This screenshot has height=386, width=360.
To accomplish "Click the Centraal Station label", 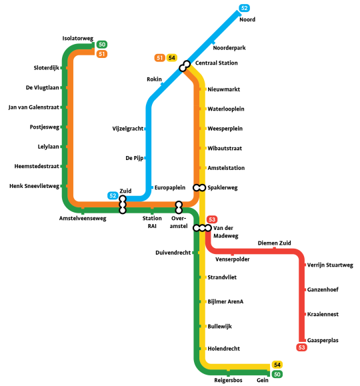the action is [217, 63].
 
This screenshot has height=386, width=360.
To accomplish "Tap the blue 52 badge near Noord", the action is [244, 8].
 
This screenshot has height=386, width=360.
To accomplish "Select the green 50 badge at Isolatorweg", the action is [102, 44].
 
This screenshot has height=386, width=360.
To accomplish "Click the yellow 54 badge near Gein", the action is [277, 365].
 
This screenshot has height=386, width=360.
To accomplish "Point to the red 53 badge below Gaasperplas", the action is [301, 347].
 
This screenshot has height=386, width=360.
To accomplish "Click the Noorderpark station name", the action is [229, 48].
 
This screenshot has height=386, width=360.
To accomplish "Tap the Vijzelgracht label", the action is [128, 129].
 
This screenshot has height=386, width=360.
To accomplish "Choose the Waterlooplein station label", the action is [226, 109].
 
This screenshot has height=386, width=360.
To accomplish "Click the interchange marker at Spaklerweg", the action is [199, 187].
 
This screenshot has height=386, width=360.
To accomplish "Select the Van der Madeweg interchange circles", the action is [202, 228].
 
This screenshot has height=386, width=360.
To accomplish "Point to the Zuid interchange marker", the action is [123, 205].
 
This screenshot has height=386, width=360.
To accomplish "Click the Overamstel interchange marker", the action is [179, 207].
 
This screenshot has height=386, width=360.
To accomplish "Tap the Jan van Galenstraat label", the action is [34, 107].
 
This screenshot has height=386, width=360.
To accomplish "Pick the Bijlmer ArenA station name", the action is [225, 302].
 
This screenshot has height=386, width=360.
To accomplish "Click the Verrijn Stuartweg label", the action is [330, 265].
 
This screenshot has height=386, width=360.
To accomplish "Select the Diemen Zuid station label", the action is [274, 243].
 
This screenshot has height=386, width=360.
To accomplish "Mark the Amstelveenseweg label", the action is [83, 219].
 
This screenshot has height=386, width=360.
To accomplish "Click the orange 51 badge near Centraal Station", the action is [159, 58].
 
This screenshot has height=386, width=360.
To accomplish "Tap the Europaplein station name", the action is [170, 188].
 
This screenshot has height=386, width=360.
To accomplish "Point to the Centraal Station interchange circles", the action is [185, 66].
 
